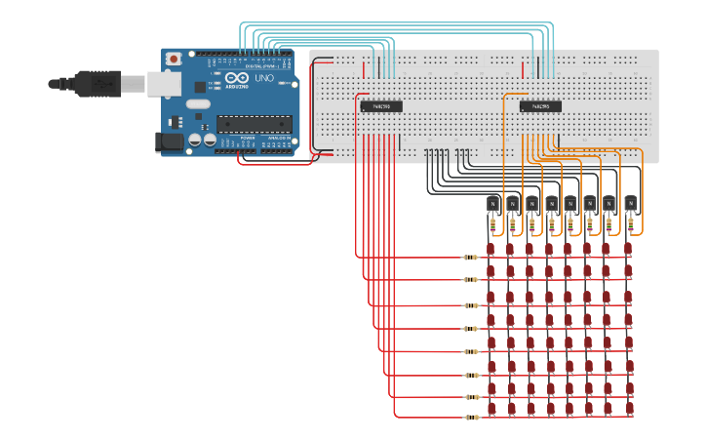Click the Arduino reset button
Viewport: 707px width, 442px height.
point(174,60)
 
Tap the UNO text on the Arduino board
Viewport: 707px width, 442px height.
point(263,77)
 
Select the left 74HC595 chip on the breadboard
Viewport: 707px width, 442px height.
point(381,106)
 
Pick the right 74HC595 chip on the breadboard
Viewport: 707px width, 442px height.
point(540,106)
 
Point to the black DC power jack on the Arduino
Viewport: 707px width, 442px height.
point(170,142)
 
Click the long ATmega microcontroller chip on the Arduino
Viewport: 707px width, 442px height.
point(254,123)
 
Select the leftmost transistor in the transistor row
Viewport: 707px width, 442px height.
point(493,204)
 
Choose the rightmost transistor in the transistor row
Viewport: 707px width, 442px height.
point(631,204)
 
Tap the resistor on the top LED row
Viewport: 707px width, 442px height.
point(471,258)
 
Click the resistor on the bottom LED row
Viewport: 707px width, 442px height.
point(471,418)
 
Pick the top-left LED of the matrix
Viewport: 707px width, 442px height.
point(491,250)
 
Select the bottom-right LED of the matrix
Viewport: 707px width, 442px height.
point(629,409)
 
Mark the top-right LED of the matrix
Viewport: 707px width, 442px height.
point(629,250)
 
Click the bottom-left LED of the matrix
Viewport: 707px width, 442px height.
point(491,409)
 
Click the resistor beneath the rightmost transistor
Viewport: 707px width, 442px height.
point(631,226)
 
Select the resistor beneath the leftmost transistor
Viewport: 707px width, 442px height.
point(493,226)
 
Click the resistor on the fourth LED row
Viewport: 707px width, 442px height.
point(471,327)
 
